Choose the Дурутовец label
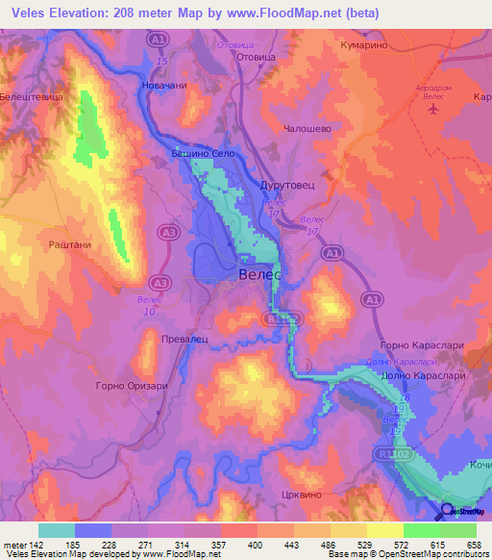[284, 185]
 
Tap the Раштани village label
[69, 245]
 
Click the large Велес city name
[258, 275]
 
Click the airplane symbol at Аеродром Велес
[433, 108]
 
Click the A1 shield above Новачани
[159, 40]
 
